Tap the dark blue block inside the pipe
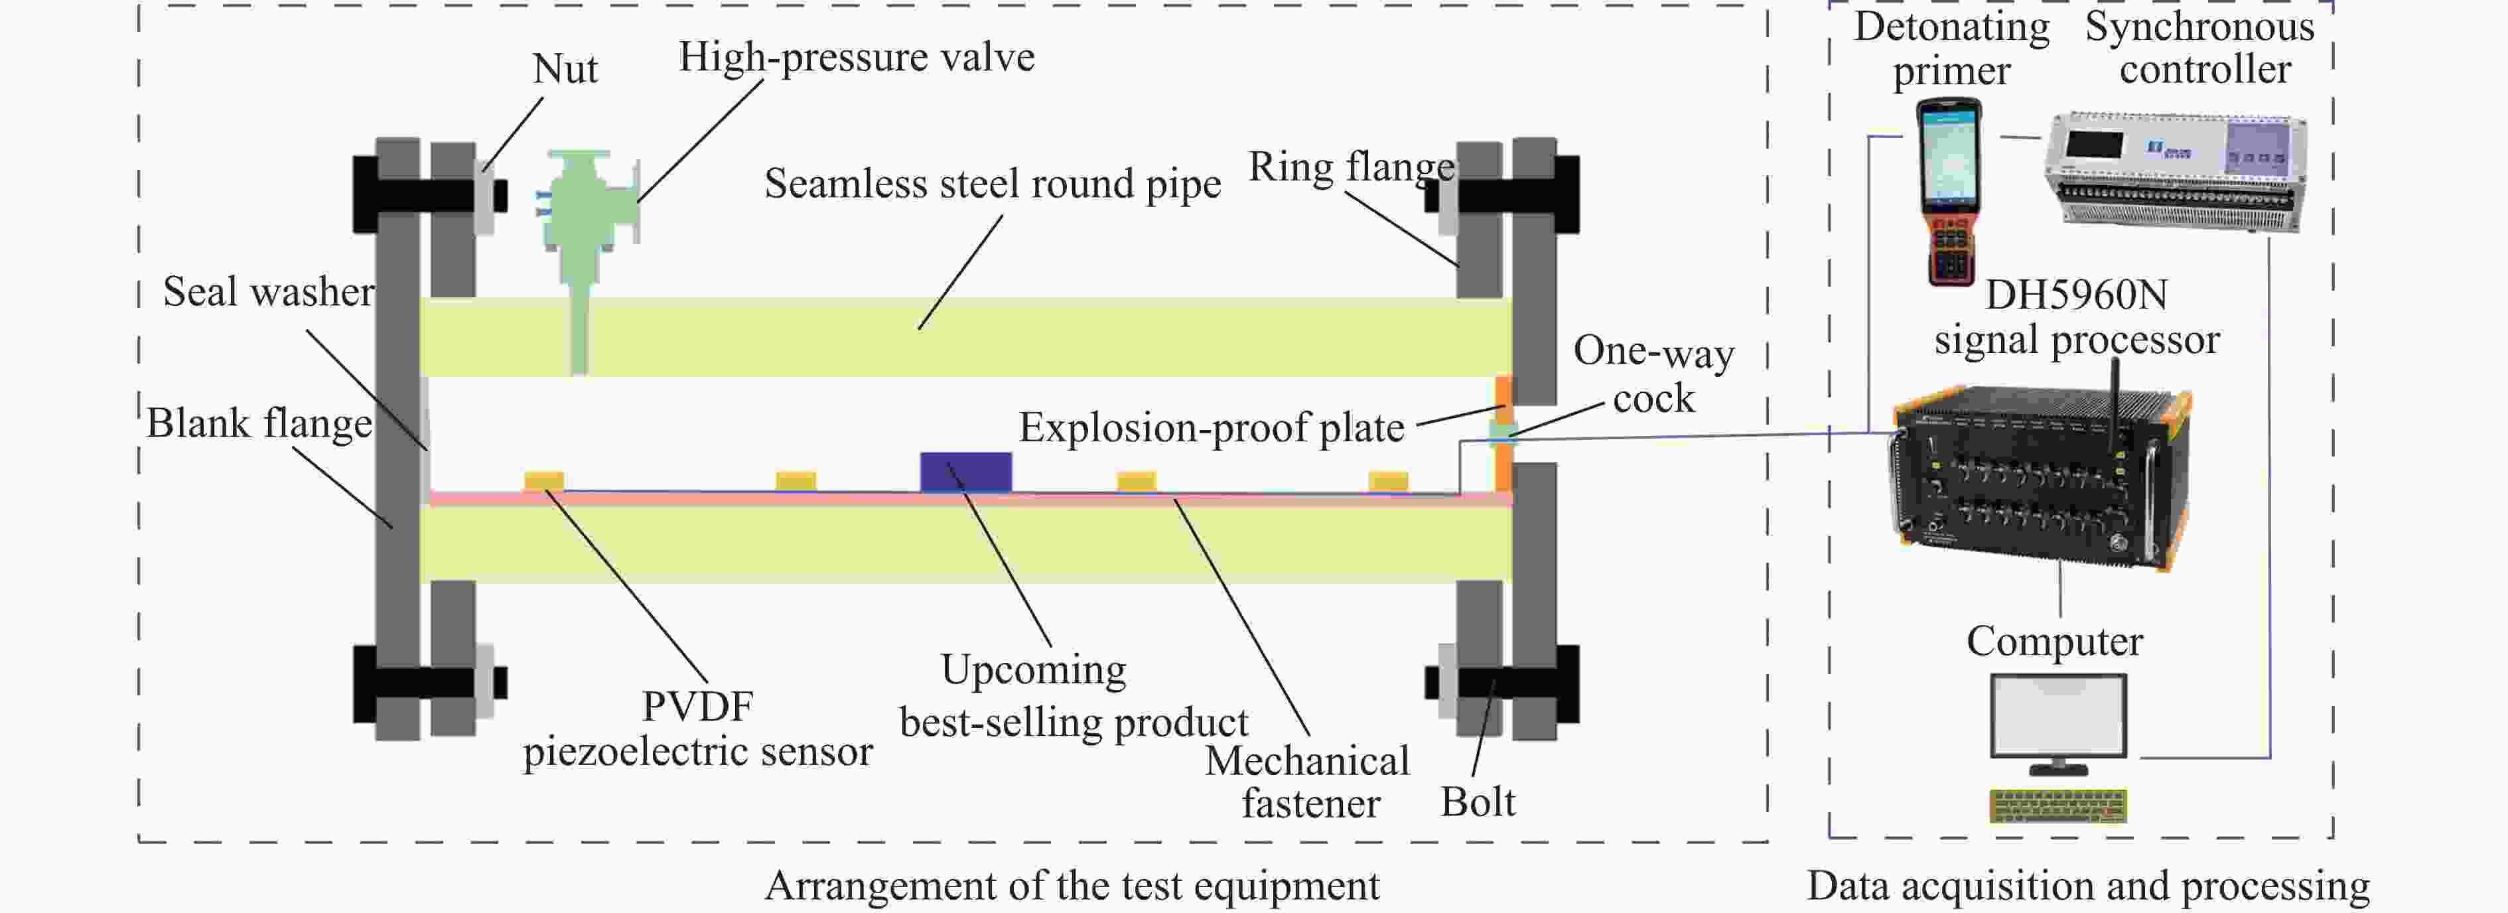pyautogui.click(x=966, y=472)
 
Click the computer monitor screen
pyautogui.click(x=2058, y=715)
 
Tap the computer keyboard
pyautogui.click(x=2057, y=806)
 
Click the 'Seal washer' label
pyautogui.click(x=268, y=292)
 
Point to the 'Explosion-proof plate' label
pyautogui.click(x=1211, y=427)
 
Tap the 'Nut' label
pyautogui.click(x=565, y=69)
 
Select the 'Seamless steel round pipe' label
pyautogui.click(x=992, y=184)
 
